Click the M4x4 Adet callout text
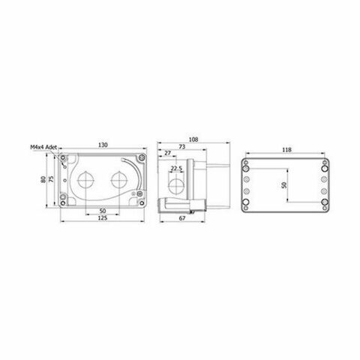[43, 148]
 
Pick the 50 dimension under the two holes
[102, 211]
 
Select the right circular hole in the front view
[118, 180]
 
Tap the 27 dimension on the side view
[166, 154]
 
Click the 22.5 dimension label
[177, 169]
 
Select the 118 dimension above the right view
[286, 149]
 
